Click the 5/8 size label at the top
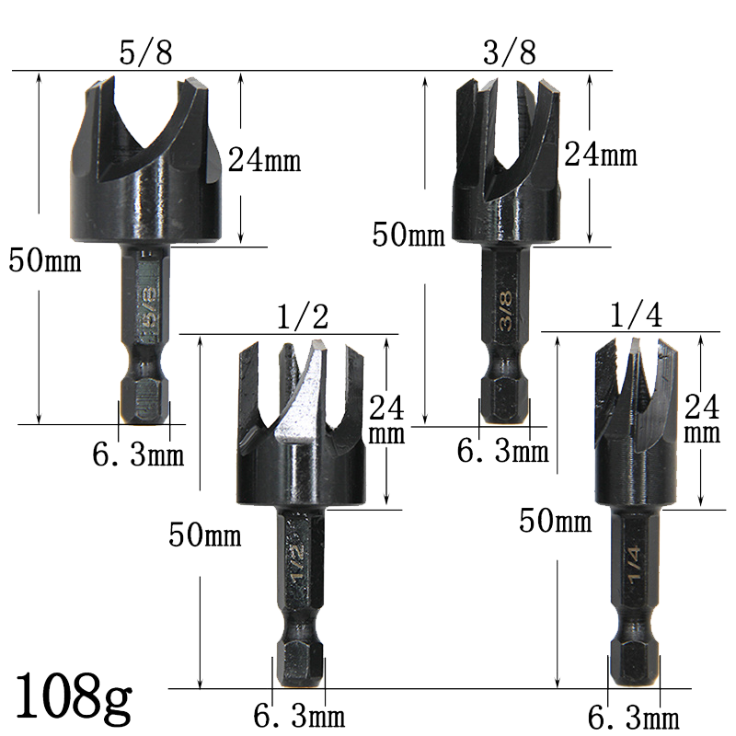(x=145, y=52)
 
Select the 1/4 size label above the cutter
(x=637, y=315)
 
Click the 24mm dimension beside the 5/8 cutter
(x=264, y=160)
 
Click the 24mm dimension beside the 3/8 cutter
(x=601, y=155)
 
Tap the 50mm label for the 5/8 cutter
(x=45, y=260)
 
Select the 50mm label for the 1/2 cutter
(x=205, y=535)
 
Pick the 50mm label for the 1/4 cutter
(x=556, y=521)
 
